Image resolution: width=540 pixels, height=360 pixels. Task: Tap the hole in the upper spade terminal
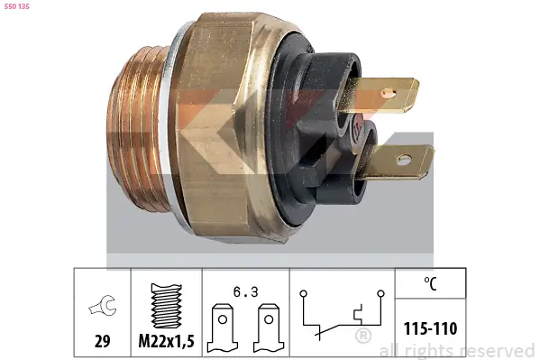[x=389, y=91]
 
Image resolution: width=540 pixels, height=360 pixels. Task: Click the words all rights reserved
[x=456, y=350]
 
